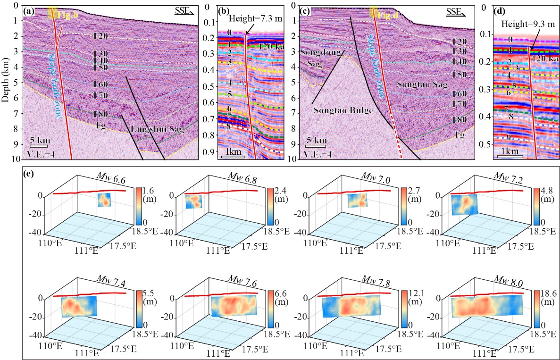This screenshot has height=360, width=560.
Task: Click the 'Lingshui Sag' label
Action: click(156, 128)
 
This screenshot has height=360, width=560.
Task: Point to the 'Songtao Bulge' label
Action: click(343, 110)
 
